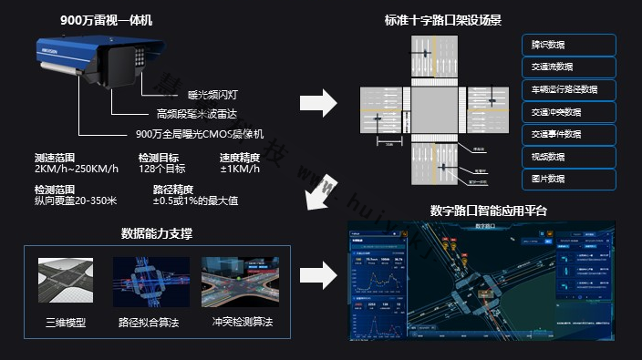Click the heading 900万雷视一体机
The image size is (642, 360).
coord(106,19)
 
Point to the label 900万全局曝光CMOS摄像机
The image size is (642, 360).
coord(199,134)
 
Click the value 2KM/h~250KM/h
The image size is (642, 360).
coord(76,170)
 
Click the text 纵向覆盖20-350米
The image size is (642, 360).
coord(77,201)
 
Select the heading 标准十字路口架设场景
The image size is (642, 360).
coord(443,19)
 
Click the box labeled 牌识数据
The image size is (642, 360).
coord(570,45)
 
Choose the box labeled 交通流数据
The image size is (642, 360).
coord(570,67)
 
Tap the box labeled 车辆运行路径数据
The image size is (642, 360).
coord(570,89)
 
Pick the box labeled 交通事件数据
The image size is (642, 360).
coord(570,134)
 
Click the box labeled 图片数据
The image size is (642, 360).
coord(570,179)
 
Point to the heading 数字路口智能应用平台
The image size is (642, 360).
coord(489,211)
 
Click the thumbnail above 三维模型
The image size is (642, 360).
coord(67,283)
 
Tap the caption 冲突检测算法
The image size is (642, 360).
coord(241,323)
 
